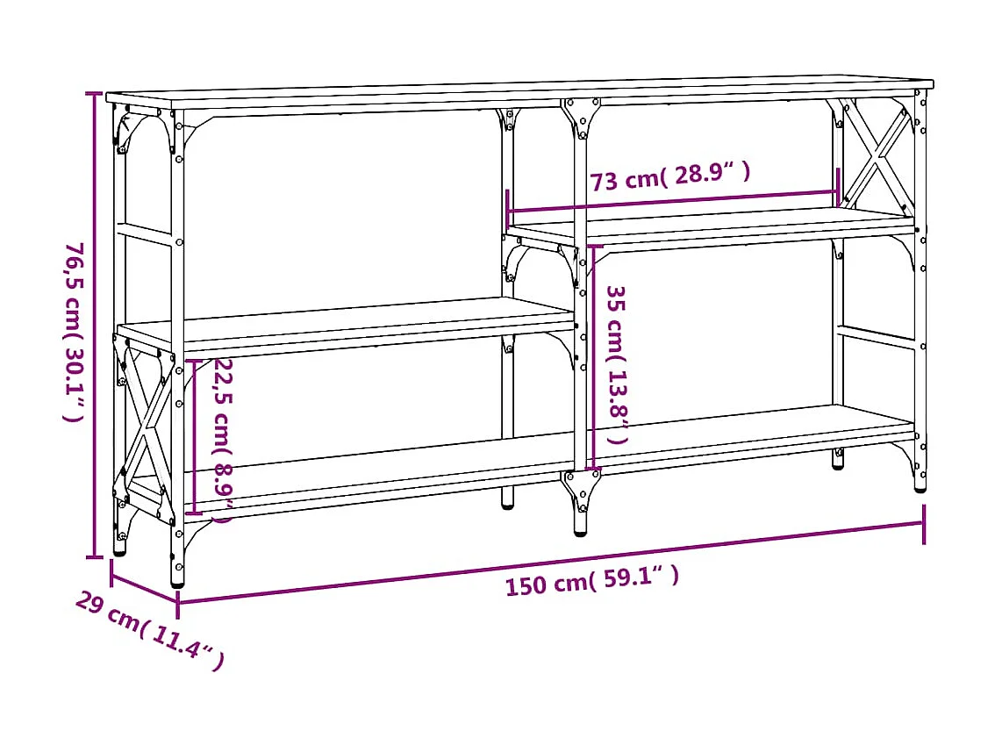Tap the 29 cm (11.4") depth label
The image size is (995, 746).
tap(149, 629)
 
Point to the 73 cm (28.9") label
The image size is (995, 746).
tap(670, 177)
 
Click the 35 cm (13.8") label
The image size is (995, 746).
tap(618, 363)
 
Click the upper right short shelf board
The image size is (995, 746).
tap(711, 226)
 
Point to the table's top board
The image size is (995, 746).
tap(518, 93)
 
